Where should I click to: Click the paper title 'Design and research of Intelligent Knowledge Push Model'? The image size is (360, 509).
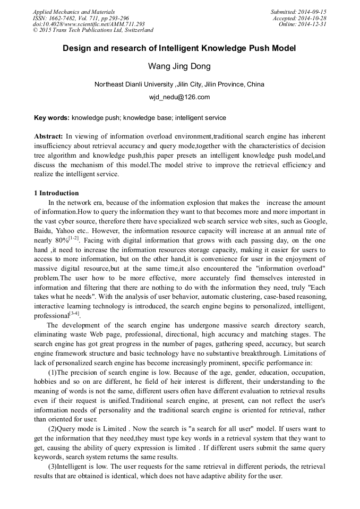tap(179, 48)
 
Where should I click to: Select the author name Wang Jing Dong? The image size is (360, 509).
tap(179, 67)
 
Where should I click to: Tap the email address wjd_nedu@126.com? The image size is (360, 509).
tap(179, 97)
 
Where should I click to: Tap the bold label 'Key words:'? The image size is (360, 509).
tap(52, 118)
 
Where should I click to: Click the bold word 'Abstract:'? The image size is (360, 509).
tap(49, 136)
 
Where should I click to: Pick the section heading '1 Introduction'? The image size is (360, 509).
tap(56, 193)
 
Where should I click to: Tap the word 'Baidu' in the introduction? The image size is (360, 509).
tap(42, 231)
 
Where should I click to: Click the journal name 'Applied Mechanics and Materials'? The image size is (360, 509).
tap(74, 12)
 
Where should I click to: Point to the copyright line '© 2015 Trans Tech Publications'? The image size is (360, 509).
tap(93, 30)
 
